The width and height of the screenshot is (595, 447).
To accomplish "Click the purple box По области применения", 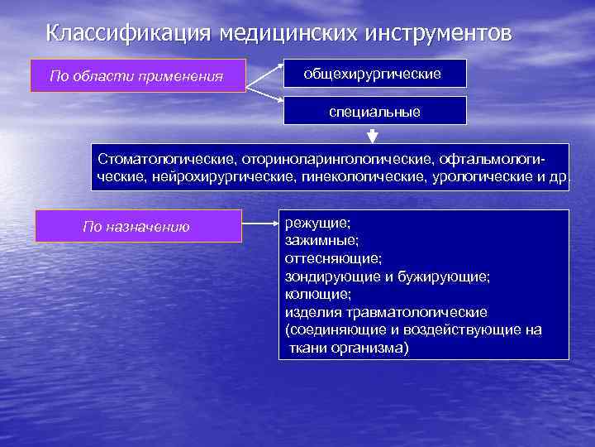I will [x=137, y=76].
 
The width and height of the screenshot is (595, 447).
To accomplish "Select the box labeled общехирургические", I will [x=374, y=74].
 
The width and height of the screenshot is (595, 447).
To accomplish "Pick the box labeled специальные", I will [x=374, y=111].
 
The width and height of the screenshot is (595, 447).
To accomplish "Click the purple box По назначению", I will [x=137, y=226].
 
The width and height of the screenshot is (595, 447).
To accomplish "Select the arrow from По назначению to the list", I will [x=259, y=224].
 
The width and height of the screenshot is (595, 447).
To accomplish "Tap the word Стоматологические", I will [x=166, y=157].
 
